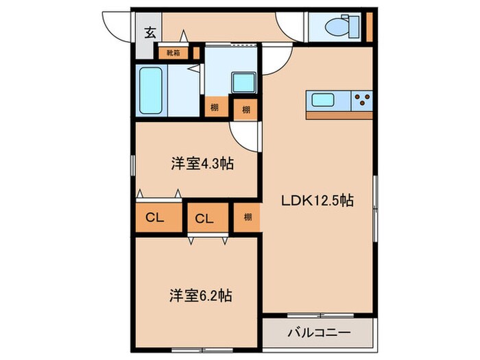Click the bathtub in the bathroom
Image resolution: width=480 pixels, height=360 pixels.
pos(150,91)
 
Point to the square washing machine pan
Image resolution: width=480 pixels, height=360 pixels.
pos(242,83)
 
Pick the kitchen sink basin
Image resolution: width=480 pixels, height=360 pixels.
pos(324,100)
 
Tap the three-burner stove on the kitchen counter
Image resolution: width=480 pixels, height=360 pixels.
pos(361,100)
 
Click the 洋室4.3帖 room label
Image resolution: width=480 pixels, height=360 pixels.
pos(200,165)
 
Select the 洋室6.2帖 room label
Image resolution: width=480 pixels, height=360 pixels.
pos(200,296)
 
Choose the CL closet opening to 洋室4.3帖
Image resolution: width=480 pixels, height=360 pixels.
pos(156,217)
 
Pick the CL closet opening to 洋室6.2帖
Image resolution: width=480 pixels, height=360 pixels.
pos(204,219)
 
